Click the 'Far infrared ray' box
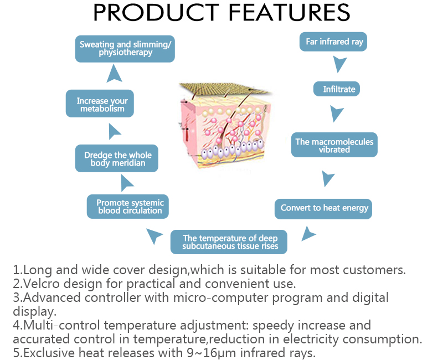[x=333, y=42]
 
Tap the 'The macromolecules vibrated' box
[x=334, y=145]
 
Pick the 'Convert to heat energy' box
[x=324, y=208]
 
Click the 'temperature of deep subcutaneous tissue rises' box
[x=229, y=242]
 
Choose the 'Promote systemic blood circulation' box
[x=128, y=207]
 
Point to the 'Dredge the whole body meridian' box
[x=117, y=159]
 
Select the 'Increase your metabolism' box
[x=102, y=105]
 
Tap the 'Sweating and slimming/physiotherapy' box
[x=126, y=48]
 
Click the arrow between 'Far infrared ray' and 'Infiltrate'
[x=339, y=65]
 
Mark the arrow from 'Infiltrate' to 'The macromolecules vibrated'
[x=336, y=114]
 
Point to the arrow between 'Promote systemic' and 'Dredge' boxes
[x=127, y=183]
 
